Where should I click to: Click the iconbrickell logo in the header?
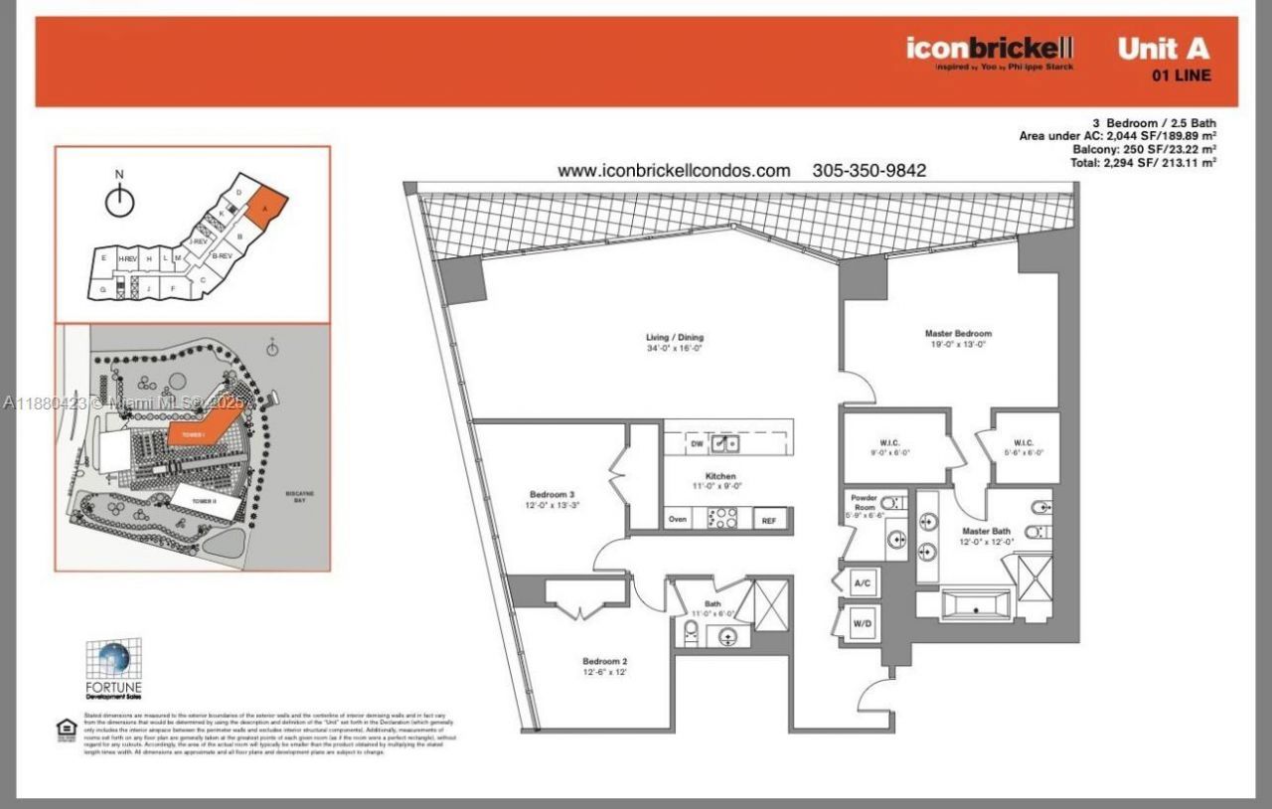click(x=989, y=47)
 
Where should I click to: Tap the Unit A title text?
click(x=1164, y=49)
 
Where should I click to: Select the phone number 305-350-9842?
click(x=869, y=170)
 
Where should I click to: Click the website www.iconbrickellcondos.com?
click(x=674, y=170)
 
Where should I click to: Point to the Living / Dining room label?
click(x=675, y=342)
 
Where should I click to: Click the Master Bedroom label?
click(x=958, y=339)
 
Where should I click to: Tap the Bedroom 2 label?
click(x=604, y=666)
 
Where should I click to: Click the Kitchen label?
click(x=719, y=481)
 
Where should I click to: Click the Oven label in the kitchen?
click(x=678, y=519)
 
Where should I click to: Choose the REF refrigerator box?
click(x=769, y=520)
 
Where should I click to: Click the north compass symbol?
click(x=119, y=202)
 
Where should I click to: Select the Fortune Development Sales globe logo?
click(x=112, y=660)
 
